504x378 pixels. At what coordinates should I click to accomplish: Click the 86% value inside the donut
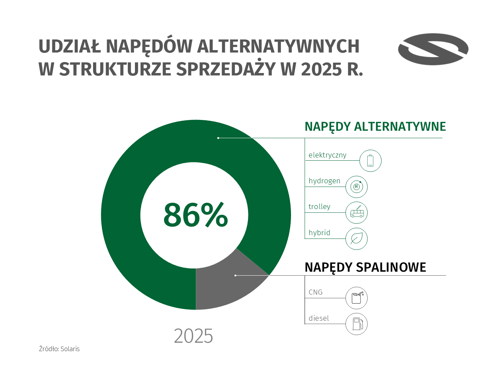(x=195, y=215)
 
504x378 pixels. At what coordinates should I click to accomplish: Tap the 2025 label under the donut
(x=193, y=336)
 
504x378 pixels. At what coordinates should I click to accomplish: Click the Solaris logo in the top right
(x=433, y=49)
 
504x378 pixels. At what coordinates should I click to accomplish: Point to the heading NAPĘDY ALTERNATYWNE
(x=375, y=127)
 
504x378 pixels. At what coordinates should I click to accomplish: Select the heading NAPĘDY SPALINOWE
(x=365, y=267)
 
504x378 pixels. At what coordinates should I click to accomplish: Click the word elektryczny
(x=328, y=155)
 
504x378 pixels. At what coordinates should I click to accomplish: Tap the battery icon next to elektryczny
(x=370, y=161)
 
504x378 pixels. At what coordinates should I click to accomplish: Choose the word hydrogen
(x=324, y=181)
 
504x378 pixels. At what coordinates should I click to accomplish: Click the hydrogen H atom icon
(x=357, y=186)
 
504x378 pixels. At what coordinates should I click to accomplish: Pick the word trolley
(x=319, y=207)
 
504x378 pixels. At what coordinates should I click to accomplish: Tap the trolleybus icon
(x=357, y=213)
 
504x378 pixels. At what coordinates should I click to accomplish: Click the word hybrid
(x=319, y=233)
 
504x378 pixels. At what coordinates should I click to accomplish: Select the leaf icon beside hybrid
(x=357, y=238)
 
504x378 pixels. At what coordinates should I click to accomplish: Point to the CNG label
(x=315, y=292)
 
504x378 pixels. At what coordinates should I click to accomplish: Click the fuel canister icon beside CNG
(x=357, y=298)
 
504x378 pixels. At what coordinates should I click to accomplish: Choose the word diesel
(x=319, y=318)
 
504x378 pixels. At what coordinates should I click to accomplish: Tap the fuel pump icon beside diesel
(x=357, y=324)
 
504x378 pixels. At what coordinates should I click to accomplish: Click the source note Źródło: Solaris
(x=59, y=349)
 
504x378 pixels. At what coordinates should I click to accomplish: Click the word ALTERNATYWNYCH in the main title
(x=278, y=46)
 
